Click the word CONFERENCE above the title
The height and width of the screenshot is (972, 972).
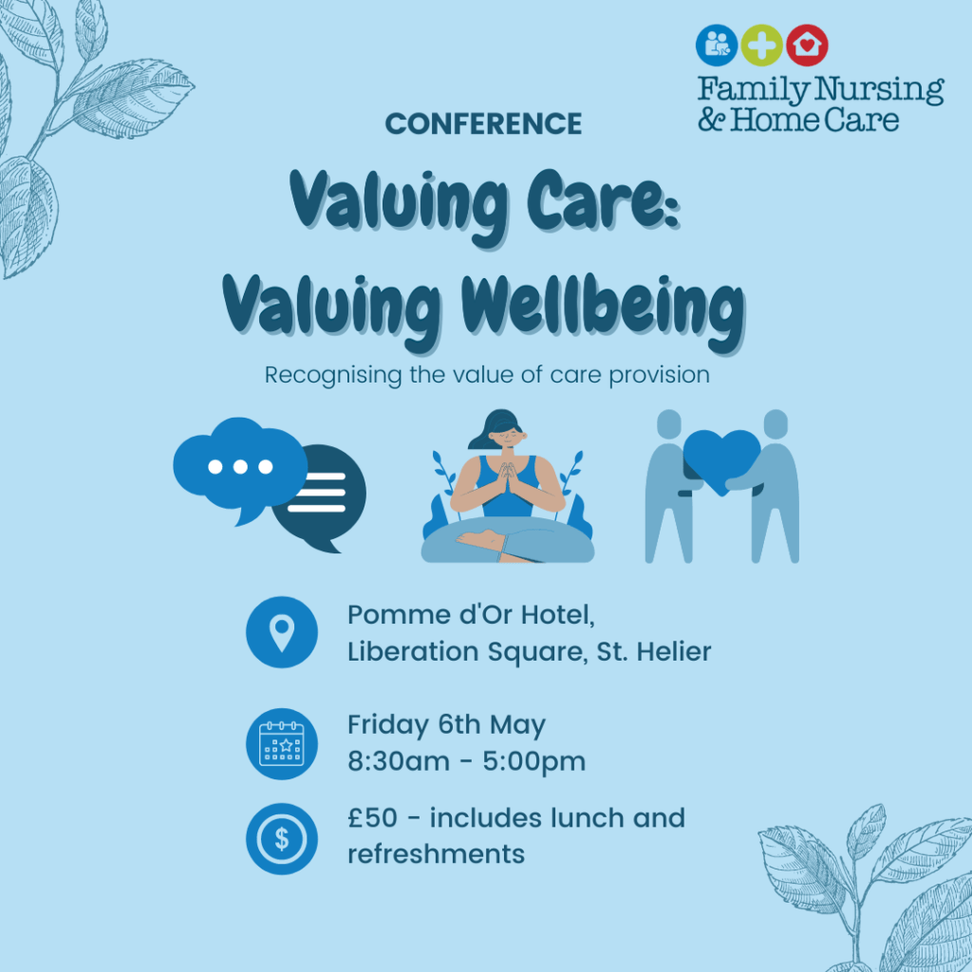coord(483,123)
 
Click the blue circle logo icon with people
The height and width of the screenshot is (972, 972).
coord(717,45)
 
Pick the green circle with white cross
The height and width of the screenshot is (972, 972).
coord(761,45)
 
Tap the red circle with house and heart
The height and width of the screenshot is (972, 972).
coord(807,45)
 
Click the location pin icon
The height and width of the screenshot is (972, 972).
coord(281,632)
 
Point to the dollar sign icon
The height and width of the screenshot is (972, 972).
coord(281,838)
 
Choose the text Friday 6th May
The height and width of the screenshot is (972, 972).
coord(446,726)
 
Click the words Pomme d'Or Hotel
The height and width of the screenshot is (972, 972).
coord(471,615)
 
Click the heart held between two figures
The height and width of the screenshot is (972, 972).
coord(721,456)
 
